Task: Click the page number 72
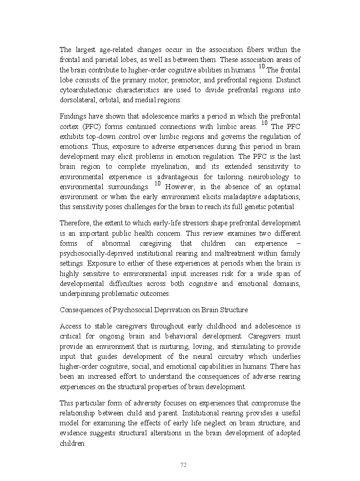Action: (x=183, y=465)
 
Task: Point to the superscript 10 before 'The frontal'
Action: (x=261, y=67)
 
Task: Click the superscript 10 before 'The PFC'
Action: (x=264, y=123)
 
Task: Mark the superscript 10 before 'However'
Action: (x=158, y=184)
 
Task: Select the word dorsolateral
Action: (x=78, y=100)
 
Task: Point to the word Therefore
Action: (x=75, y=223)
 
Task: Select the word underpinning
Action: (x=79, y=294)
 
